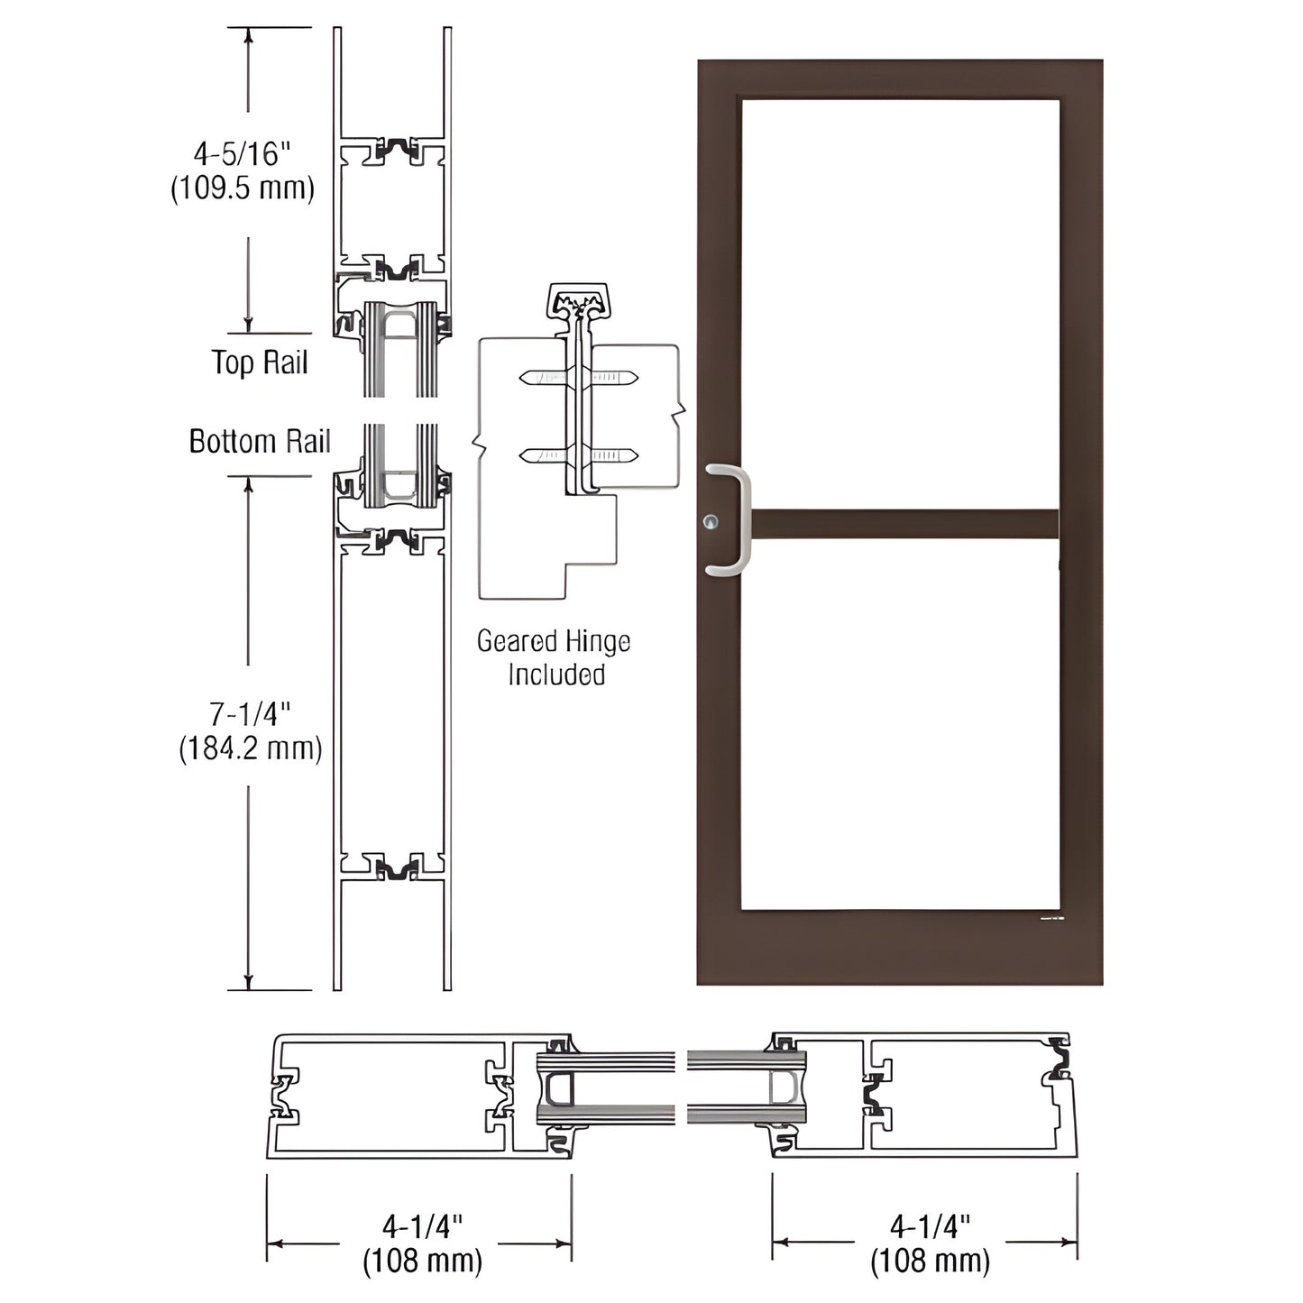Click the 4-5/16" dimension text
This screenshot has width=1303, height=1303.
[x=243, y=154]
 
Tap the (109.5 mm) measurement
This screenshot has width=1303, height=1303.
[x=243, y=188]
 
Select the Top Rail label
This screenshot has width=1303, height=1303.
[x=260, y=362]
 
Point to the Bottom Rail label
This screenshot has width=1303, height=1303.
[x=260, y=441]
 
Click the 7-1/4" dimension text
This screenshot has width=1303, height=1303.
[x=250, y=714]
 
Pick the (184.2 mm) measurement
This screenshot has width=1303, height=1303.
[x=250, y=748]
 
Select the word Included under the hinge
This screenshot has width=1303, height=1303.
[x=555, y=674]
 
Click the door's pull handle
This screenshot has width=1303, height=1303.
[x=732, y=519]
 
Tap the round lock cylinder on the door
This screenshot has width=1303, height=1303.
[x=713, y=521]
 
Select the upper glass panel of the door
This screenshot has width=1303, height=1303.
[x=900, y=302]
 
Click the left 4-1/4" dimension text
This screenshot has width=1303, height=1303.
[x=422, y=1226]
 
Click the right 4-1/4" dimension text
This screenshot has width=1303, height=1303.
[x=930, y=1226]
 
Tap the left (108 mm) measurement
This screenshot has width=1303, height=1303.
[x=422, y=1261]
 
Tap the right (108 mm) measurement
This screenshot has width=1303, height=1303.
[x=930, y=1261]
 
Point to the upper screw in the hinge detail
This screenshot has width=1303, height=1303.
[x=579, y=378]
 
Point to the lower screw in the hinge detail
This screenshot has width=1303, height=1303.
[x=579, y=455]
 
